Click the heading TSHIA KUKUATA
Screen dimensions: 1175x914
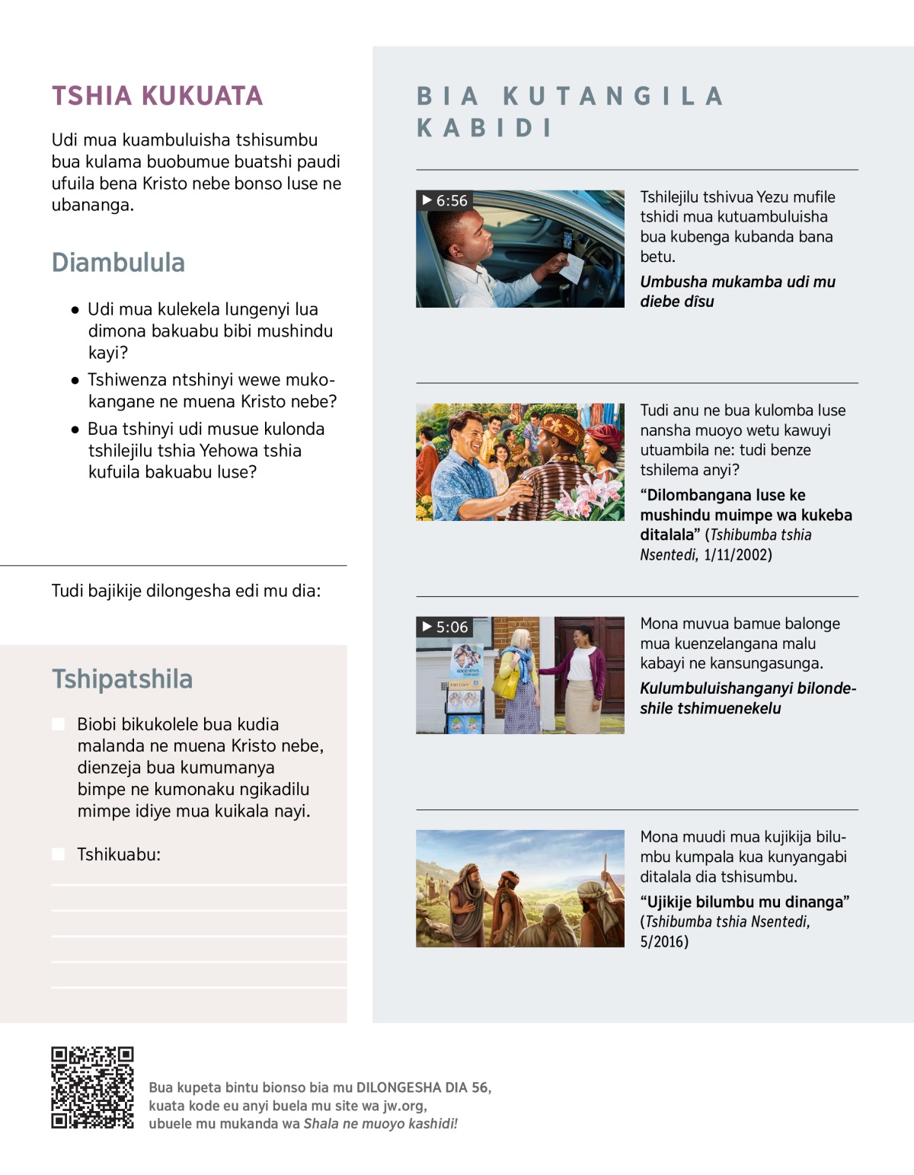157,96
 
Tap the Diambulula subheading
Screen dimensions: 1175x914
118,263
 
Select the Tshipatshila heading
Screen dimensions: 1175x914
122,679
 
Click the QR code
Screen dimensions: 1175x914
92,1087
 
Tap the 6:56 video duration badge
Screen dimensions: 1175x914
445,200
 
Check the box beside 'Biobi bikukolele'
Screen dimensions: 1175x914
58,724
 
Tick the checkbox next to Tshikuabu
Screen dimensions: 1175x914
58,854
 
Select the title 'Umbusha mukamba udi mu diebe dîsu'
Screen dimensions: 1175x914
737,292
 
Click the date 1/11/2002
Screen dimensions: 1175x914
737,554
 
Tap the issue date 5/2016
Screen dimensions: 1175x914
664,942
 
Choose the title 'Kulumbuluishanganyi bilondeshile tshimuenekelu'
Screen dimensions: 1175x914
747,698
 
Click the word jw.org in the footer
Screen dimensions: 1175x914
404,1106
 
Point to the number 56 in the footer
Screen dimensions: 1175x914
480,1087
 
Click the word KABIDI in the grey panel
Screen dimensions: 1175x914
484,128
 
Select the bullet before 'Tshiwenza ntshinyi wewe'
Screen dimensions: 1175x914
75,380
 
